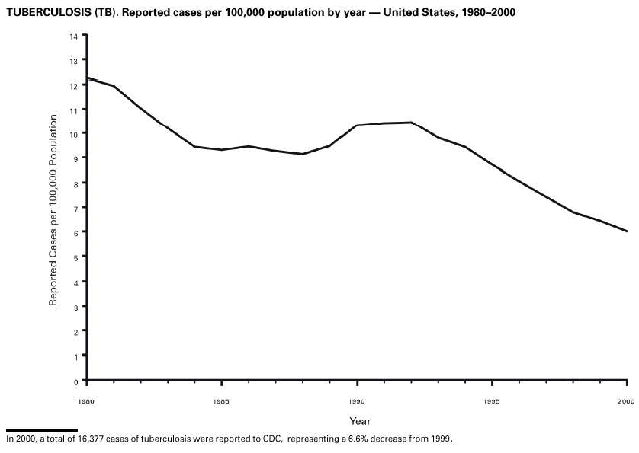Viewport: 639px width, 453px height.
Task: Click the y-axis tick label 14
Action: pos(74,37)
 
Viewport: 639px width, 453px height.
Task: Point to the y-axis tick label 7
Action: pos(76,208)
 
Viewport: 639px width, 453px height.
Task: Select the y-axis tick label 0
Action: pos(76,381)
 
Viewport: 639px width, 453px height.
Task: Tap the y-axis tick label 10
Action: pos(74,134)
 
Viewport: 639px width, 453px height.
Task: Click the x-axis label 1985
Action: pos(221,400)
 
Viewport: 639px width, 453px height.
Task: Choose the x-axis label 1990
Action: pos(357,400)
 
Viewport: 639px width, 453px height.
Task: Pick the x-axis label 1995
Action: pos(492,400)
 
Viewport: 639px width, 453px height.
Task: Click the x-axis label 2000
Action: pos(626,400)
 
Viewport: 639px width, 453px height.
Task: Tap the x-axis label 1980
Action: pos(86,400)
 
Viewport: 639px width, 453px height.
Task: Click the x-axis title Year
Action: pos(360,421)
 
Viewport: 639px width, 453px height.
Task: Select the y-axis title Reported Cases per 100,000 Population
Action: pos(53,211)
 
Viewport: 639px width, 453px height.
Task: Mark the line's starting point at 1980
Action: pos(87,78)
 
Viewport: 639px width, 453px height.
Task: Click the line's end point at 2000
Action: pos(627,231)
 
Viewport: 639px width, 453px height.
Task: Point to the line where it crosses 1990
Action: pos(357,125)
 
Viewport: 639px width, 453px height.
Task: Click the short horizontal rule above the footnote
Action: pos(41,430)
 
